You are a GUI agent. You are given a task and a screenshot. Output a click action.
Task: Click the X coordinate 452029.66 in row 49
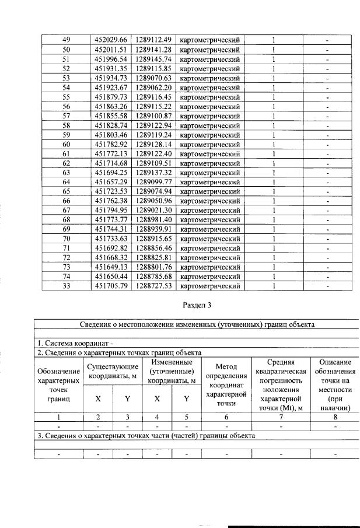point(110,40)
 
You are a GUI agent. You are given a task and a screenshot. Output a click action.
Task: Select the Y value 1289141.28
point(153,50)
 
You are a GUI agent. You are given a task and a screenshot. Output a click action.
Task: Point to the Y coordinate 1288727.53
point(153,286)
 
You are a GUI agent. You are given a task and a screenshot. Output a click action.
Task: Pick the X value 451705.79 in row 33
point(110,286)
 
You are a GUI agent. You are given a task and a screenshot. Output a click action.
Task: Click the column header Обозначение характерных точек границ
point(59,385)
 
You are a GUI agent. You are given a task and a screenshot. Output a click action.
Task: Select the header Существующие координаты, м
point(113,370)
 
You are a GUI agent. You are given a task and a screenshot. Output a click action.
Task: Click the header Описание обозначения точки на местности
point(335,385)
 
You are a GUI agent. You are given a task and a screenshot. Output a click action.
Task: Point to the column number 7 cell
point(281,418)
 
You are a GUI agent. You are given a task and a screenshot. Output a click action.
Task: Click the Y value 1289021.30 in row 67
point(153,211)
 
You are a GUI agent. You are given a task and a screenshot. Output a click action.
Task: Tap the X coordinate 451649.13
point(110,267)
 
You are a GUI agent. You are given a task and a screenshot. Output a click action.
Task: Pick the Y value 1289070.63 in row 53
point(153,78)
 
